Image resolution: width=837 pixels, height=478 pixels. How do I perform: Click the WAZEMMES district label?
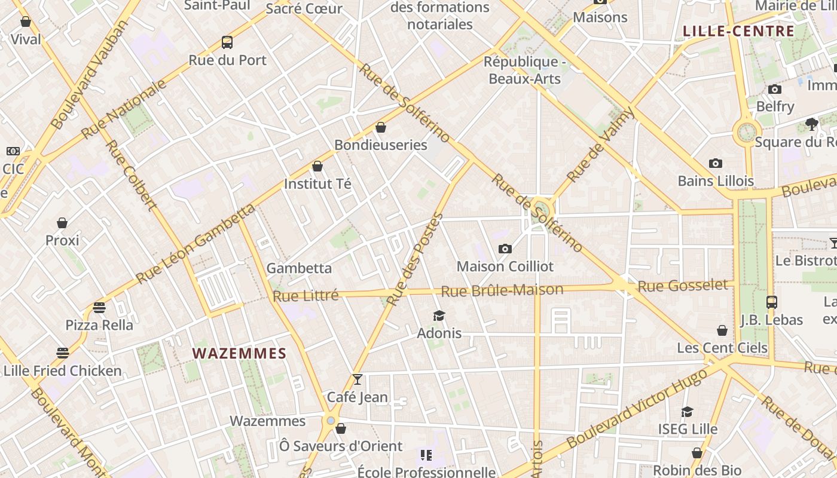[240, 353]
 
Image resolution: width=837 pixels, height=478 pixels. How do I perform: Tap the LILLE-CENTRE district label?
[739, 31]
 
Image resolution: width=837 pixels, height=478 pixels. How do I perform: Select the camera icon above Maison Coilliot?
[505, 249]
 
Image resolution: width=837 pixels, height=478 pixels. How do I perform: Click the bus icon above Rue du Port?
[227, 42]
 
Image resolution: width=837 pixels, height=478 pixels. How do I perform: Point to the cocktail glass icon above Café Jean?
[358, 379]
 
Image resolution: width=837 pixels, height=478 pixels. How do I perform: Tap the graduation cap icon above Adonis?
[439, 315]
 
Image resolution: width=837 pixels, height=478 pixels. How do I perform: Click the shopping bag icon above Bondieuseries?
[381, 127]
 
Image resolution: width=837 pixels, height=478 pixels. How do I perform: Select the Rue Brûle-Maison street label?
[502, 290]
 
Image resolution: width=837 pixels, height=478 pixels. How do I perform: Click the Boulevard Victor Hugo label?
[637, 408]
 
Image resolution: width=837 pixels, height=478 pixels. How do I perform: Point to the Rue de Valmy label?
[600, 145]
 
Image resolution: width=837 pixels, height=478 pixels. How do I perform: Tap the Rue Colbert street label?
[131, 175]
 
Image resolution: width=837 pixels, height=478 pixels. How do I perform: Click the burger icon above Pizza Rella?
[99, 308]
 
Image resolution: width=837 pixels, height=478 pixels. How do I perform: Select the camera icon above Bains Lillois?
[716, 163]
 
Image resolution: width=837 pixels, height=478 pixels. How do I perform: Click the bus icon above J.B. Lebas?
[772, 302]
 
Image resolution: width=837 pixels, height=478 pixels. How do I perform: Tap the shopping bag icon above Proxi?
[62, 223]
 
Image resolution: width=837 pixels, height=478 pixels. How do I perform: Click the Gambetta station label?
[299, 268]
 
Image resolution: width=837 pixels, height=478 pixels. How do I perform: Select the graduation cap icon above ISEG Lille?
[688, 412]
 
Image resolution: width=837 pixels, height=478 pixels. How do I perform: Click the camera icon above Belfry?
[775, 90]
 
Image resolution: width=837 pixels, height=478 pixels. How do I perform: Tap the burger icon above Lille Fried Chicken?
[63, 353]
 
